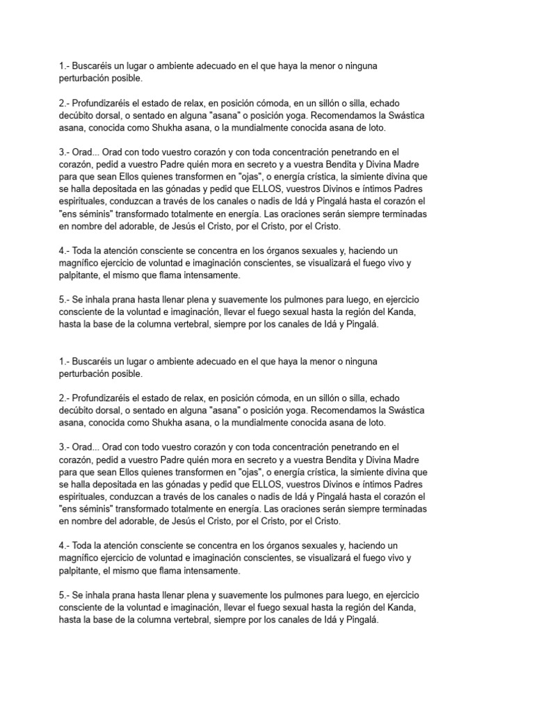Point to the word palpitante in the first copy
point(80,275)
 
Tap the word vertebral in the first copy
point(207,325)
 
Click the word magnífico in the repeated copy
point(82,558)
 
